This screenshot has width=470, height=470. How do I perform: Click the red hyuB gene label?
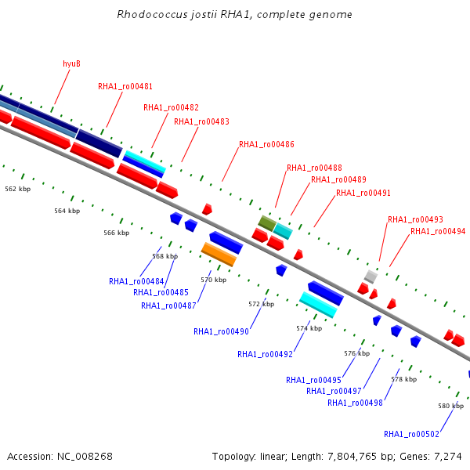tap(71, 64)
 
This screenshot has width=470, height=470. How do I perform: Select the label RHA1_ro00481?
tap(125, 87)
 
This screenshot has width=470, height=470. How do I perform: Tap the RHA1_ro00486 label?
tap(266, 144)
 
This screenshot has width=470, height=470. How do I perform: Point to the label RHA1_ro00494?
tap(438, 231)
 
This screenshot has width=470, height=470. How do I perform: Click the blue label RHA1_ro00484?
tap(136, 281)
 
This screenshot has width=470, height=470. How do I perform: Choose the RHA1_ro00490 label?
tap(221, 331)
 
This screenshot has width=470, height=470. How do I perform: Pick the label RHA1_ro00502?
tap(411, 434)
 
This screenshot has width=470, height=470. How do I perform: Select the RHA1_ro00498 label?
tap(355, 403)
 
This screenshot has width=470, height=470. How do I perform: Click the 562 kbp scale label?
tap(18, 189)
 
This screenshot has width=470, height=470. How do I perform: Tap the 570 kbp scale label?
tap(213, 280)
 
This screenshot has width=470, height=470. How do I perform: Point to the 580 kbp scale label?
tap(451, 406)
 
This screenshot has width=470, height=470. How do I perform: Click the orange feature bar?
tap(219, 254)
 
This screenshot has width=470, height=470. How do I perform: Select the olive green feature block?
tap(267, 223)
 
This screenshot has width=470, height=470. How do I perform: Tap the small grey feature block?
tap(371, 277)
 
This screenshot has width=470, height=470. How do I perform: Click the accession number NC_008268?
tap(85, 457)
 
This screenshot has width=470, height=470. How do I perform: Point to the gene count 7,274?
tap(448, 457)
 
